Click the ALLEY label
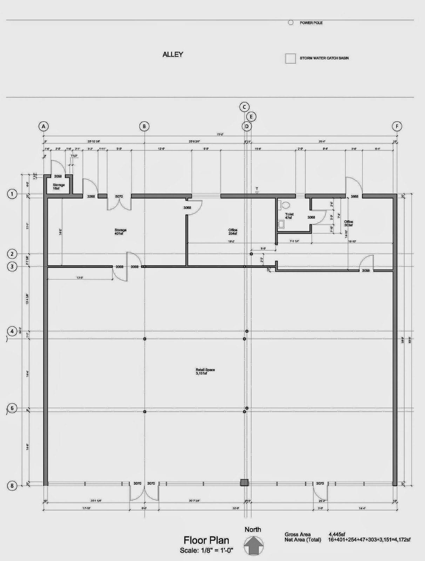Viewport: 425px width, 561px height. pyautogui.click(x=173, y=54)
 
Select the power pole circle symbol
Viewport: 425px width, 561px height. pyautogui.click(x=291, y=23)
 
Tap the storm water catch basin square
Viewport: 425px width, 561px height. pyautogui.click(x=290, y=59)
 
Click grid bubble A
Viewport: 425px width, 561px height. pyautogui.click(x=43, y=126)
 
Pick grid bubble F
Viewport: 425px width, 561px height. pyautogui.click(x=397, y=126)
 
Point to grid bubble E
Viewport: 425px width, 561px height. pyautogui.click(x=251, y=116)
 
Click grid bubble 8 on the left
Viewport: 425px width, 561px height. pyautogui.click(x=12, y=486)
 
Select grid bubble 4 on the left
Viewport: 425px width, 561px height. pyautogui.click(x=12, y=331)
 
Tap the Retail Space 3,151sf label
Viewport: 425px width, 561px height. pyautogui.click(x=205, y=372)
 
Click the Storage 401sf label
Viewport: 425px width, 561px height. pyautogui.click(x=120, y=232)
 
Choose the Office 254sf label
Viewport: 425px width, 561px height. pyautogui.click(x=233, y=232)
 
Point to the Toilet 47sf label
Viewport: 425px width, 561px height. pyautogui.click(x=289, y=216)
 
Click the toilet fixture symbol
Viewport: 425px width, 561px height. pyautogui.click(x=284, y=204)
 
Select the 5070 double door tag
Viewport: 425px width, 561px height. pyautogui.click(x=119, y=197)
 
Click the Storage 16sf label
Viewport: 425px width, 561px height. pyautogui.click(x=59, y=187)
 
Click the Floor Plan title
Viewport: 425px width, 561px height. pyautogui.click(x=207, y=540)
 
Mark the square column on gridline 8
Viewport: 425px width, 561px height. pyautogui.click(x=244, y=483)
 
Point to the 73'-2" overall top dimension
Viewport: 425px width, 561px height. pyautogui.click(x=220, y=134)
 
